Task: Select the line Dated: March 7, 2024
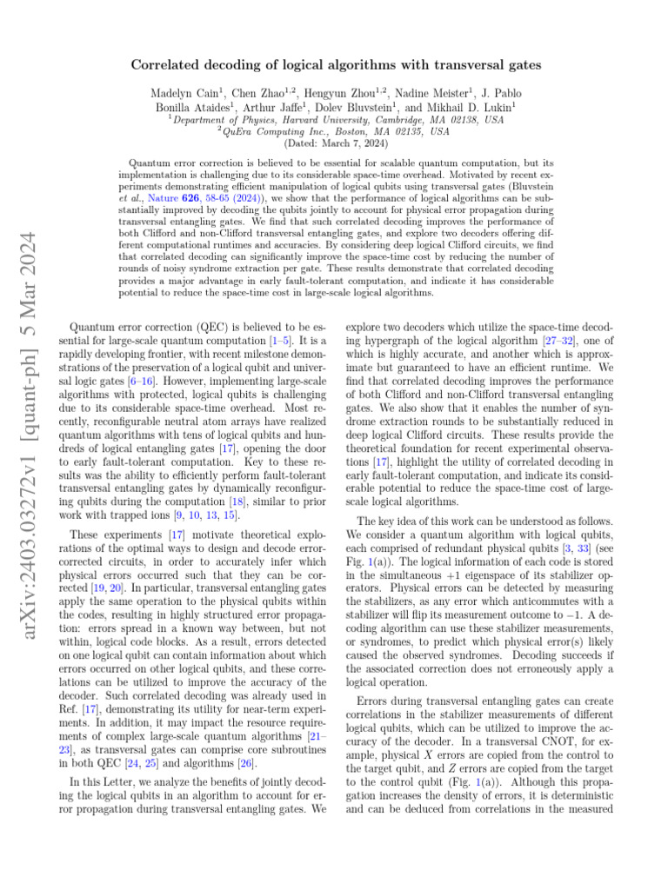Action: [334, 143]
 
